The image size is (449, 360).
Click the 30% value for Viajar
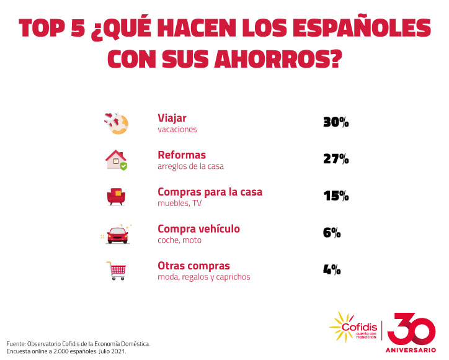(x=336, y=123)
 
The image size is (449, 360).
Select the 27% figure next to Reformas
(x=336, y=159)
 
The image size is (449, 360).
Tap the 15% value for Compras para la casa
(x=336, y=196)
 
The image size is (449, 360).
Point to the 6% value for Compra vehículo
(x=332, y=233)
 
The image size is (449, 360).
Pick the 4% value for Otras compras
(x=332, y=269)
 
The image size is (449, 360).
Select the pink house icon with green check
(x=116, y=160)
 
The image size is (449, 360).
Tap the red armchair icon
(x=116, y=197)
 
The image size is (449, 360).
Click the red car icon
(x=116, y=234)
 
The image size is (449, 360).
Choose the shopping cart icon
(x=116, y=271)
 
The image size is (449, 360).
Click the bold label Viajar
(x=172, y=117)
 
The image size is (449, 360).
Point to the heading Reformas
(x=182, y=155)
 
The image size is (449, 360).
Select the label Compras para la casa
(x=210, y=191)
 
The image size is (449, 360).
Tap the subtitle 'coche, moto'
(x=179, y=240)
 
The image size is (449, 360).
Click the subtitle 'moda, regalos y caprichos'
(x=204, y=277)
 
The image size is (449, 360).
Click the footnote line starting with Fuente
(x=78, y=343)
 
